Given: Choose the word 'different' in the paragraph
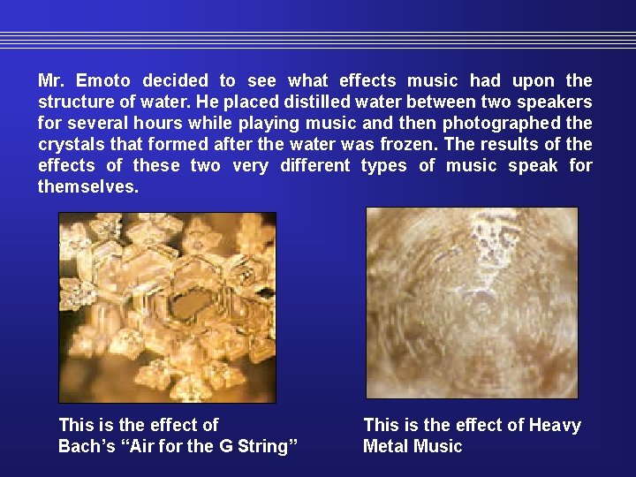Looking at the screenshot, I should tap(314, 165).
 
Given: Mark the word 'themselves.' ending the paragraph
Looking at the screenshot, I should tap(88, 186).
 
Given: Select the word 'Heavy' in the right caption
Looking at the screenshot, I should tap(554, 425).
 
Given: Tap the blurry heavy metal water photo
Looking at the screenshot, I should tap(472, 302).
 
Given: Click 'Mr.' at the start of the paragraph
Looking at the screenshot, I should tap(49, 80).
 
